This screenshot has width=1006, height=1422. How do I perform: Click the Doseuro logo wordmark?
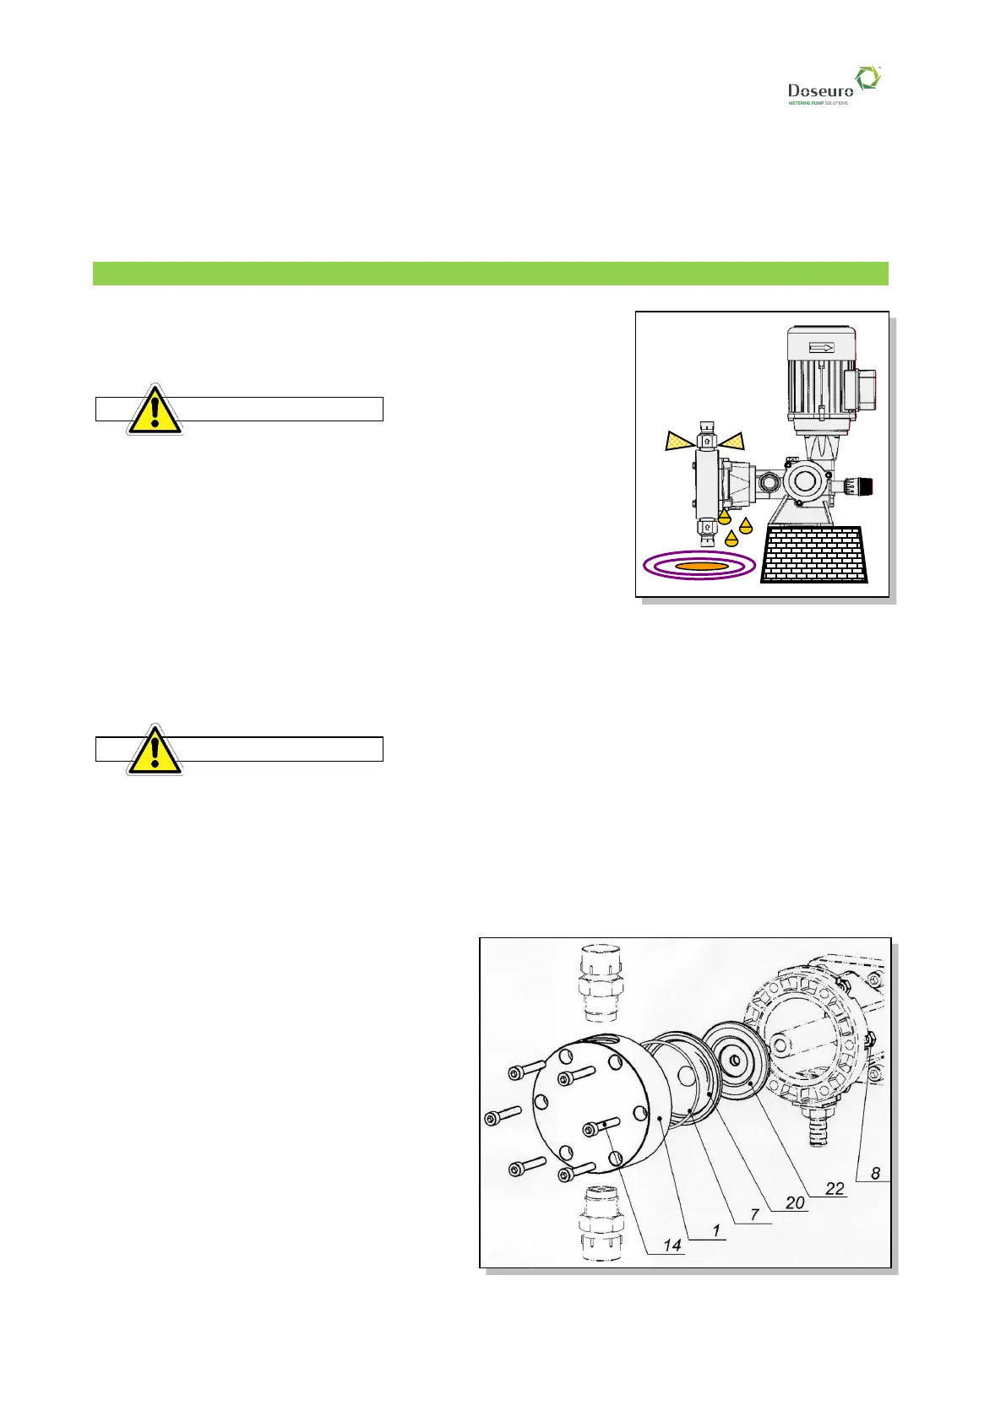[x=819, y=90]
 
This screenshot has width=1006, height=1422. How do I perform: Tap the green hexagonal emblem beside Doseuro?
[x=867, y=79]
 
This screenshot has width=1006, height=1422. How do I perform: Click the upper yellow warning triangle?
[x=155, y=410]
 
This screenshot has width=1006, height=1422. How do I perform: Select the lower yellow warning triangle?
[x=155, y=750]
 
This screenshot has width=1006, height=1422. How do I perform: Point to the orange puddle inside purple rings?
[x=700, y=566]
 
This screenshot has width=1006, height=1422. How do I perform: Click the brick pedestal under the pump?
[x=815, y=555]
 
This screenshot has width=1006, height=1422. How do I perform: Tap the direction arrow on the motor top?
[x=821, y=347]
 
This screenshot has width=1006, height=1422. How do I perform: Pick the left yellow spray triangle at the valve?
[x=679, y=440]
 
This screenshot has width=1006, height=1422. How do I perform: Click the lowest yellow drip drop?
[x=731, y=538]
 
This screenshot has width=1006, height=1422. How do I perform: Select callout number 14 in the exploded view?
[x=672, y=1245]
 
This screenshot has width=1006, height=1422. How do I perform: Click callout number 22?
[x=835, y=1188]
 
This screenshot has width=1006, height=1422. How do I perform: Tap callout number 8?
[x=875, y=1172]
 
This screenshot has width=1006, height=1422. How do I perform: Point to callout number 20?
[x=795, y=1202]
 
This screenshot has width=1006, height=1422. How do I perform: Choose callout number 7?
[x=755, y=1214]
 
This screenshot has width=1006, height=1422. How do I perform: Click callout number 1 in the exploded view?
[x=716, y=1229]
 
